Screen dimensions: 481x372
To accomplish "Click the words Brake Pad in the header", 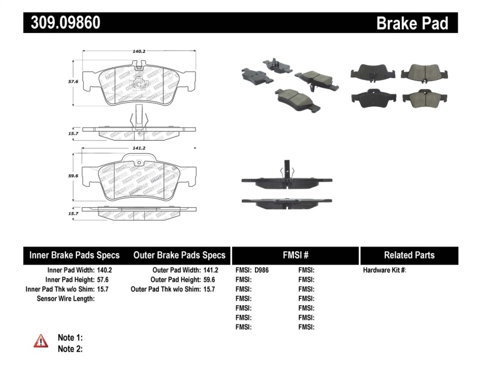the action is (x=412, y=23).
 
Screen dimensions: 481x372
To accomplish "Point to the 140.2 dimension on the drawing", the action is (x=139, y=52).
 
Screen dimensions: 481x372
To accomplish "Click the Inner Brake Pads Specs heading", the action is (x=75, y=255).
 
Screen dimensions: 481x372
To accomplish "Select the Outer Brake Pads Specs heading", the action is (x=179, y=255).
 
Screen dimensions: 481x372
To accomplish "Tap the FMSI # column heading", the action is (x=295, y=255).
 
